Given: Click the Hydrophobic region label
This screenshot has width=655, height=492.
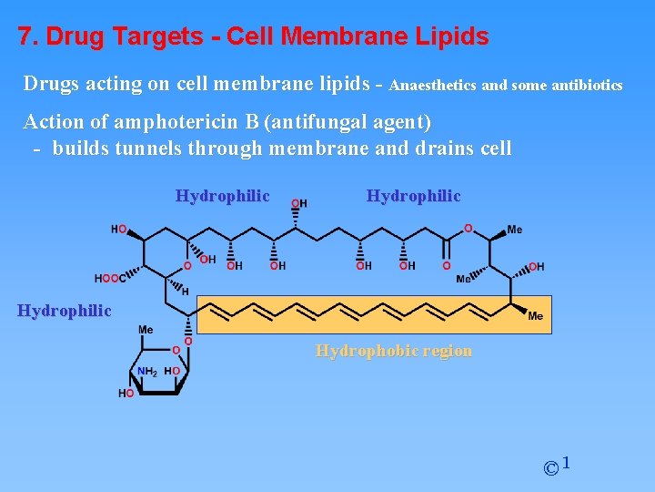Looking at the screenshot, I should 393,351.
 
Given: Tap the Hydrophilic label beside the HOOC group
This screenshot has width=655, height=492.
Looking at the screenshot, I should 65,311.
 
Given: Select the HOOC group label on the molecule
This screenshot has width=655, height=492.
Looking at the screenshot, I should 110,279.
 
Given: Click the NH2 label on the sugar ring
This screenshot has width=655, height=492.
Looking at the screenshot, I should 147,371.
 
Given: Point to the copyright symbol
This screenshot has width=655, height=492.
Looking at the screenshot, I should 550,468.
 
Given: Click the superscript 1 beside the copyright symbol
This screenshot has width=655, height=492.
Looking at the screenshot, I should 566,464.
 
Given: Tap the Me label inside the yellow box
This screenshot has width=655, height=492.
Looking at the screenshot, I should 535,316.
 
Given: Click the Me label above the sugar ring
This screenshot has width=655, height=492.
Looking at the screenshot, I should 146,329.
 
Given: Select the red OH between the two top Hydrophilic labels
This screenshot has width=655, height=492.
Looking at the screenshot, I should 298,202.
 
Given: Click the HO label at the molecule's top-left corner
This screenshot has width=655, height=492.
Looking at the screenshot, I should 118,230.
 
